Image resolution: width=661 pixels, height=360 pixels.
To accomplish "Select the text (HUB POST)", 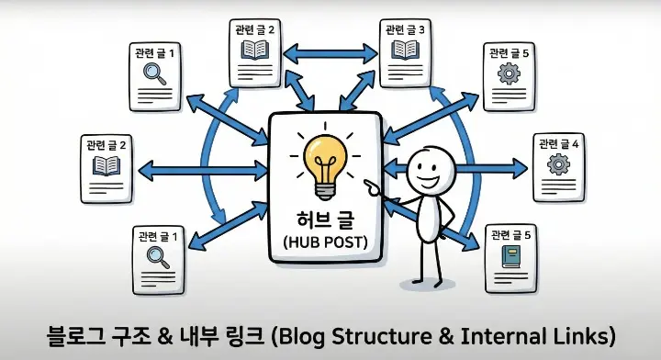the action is point(322,243).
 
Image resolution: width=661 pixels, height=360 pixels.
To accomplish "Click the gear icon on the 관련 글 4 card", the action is point(557,165).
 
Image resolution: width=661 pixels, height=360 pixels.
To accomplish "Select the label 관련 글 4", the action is point(558,143).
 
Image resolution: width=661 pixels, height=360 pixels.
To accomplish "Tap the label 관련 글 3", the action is point(405,29).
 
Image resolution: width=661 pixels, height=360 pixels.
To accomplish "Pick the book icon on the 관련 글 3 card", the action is point(405,51).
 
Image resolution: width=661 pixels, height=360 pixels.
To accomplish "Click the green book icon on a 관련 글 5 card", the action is point(508,257).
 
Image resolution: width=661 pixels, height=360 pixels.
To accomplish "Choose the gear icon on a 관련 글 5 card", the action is point(508,75).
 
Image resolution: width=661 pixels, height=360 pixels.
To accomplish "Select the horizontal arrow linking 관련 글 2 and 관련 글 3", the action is point(329,53).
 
